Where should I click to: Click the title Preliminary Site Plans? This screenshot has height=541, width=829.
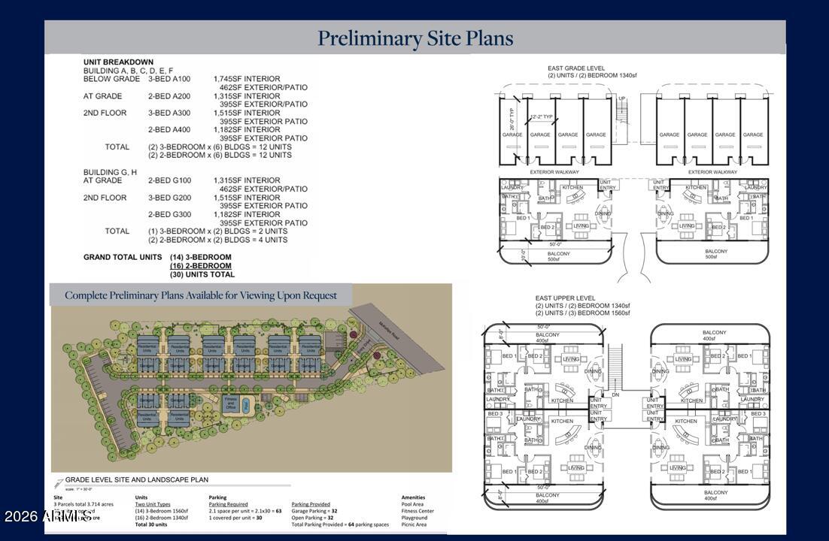[x=414, y=38]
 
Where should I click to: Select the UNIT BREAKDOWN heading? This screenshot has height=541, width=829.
[x=118, y=62]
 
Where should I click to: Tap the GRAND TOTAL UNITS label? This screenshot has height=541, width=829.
[x=123, y=257]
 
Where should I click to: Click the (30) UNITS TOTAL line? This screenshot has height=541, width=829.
[x=202, y=274]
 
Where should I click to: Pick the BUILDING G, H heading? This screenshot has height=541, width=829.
[x=110, y=172]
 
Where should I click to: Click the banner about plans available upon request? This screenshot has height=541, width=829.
[x=201, y=295]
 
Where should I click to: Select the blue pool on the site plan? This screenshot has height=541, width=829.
[x=246, y=405]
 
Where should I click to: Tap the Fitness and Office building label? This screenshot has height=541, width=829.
[x=232, y=404]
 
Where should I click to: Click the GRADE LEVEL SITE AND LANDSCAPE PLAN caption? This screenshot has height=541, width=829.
[x=136, y=479]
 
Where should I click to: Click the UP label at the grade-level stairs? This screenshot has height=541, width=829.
[x=621, y=99]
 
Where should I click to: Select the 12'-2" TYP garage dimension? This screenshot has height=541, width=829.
[x=542, y=116]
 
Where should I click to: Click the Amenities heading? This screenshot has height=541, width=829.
[x=413, y=497]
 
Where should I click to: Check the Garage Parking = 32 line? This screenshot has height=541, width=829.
[x=314, y=511]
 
